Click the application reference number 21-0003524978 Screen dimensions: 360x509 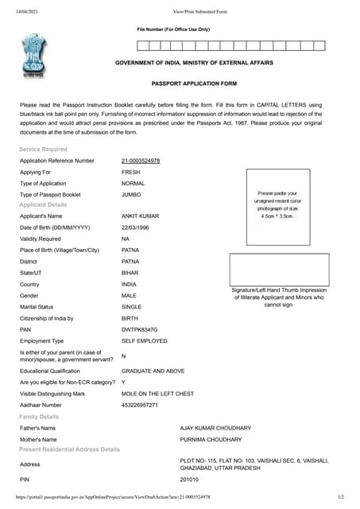[x=141, y=161]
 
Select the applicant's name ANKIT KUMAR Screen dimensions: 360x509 [x=140, y=216]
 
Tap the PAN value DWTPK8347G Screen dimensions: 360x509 [x=140, y=328]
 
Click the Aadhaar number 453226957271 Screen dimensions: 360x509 [x=140, y=405]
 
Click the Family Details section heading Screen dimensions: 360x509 [x=39, y=417]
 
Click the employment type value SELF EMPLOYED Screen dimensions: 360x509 [x=144, y=340]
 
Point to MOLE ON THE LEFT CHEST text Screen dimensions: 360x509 [x=157, y=394]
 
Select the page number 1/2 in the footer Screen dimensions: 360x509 [x=341, y=497]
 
